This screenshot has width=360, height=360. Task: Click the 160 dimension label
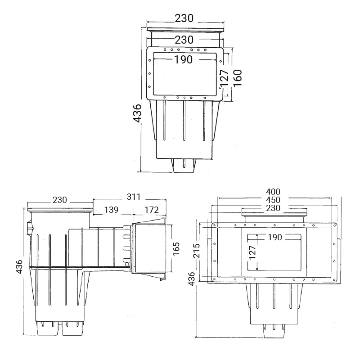[238, 78]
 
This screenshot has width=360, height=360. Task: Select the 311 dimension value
[133, 197]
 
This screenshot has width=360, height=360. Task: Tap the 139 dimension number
[111, 210]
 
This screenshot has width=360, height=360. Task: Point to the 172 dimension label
[152, 210]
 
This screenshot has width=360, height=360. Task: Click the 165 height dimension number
[176, 249]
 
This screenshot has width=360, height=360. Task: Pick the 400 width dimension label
[273, 192]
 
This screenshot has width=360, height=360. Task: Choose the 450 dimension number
[273, 200]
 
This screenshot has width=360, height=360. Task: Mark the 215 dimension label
[197, 250]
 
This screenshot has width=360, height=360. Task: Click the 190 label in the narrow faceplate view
[184, 60]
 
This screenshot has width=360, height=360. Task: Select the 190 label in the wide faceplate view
[275, 237]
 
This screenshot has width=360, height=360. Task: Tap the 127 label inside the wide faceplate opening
[252, 252]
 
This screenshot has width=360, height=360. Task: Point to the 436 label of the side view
[20, 266]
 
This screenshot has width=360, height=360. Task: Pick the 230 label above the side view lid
[60, 200]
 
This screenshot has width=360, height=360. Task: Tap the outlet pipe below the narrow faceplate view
[184, 165]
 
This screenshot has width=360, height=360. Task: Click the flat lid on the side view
[60, 209]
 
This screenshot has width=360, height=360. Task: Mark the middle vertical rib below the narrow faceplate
[184, 121]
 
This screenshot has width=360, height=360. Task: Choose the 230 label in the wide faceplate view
[273, 208]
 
